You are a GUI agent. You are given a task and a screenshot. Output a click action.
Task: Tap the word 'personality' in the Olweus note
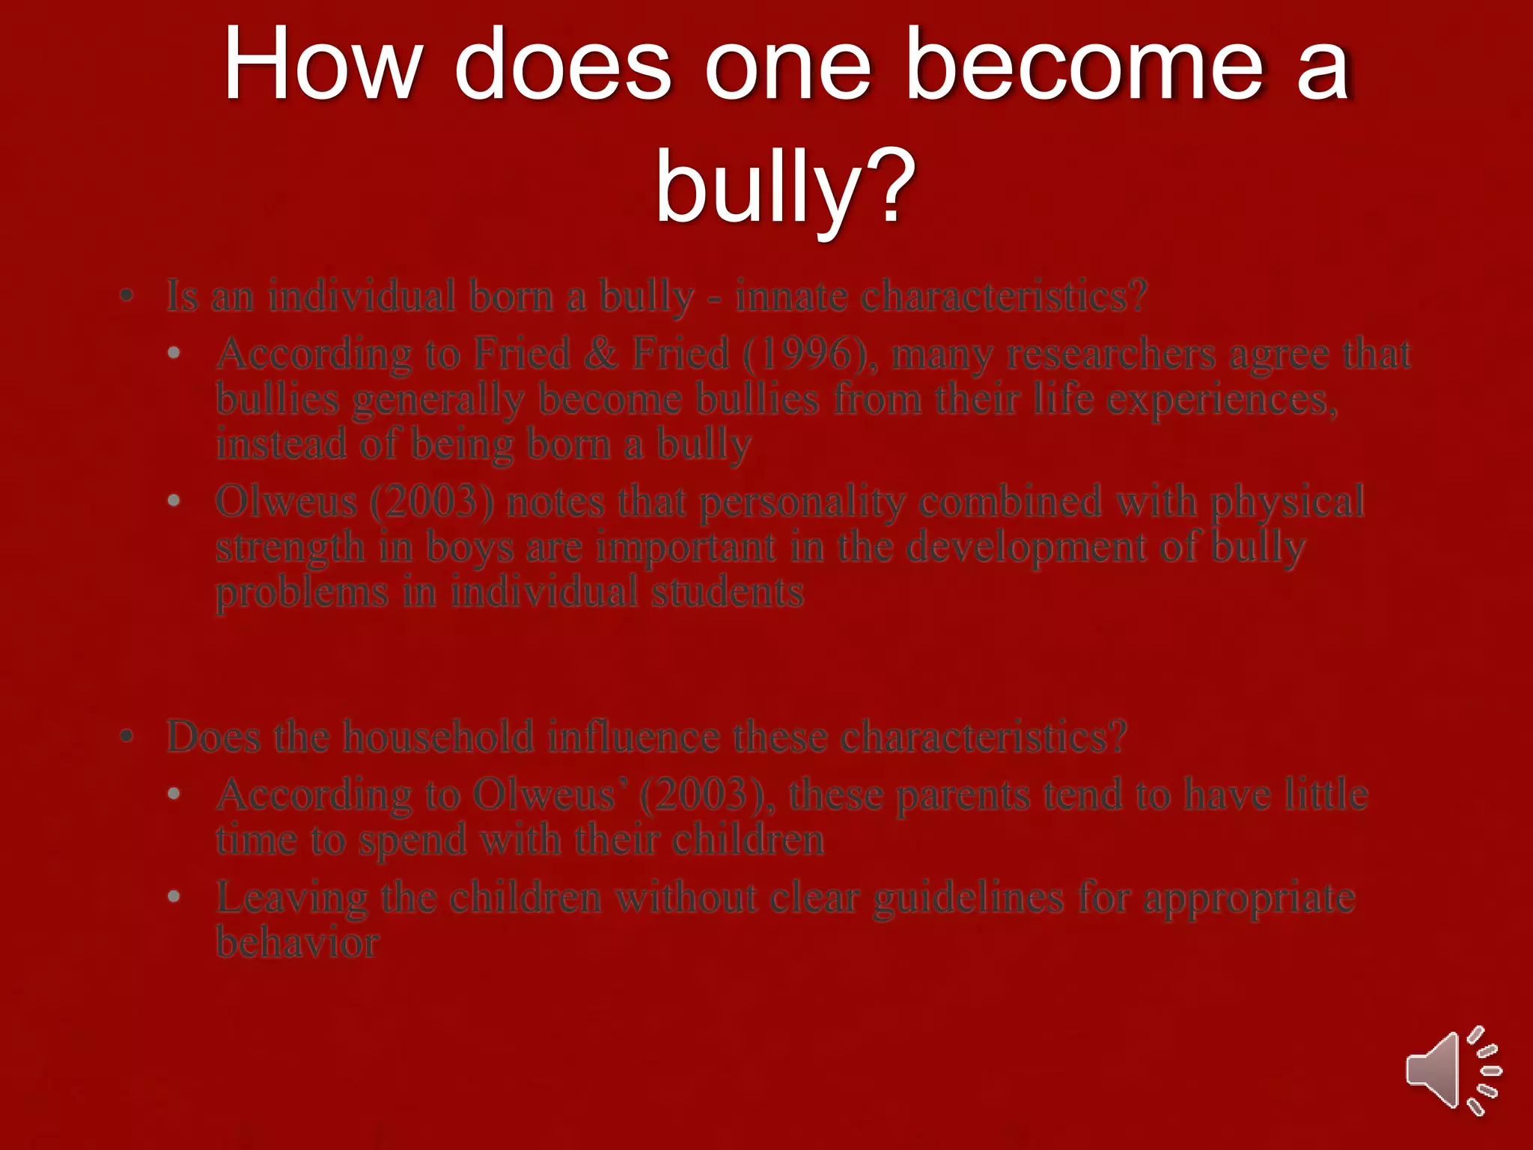point(802,502)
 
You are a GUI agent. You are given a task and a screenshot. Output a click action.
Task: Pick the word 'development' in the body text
point(1026,547)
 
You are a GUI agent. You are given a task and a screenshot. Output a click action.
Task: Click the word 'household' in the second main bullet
point(439,737)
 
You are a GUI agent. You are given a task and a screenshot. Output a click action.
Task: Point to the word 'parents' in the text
point(963,794)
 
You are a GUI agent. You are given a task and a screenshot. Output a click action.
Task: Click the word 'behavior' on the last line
point(297,943)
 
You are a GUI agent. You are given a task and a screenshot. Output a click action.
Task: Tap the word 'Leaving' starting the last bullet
point(291,898)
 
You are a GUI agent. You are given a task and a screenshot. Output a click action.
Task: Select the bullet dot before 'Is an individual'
point(127,296)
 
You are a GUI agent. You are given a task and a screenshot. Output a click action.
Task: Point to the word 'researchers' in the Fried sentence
point(1111,353)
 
